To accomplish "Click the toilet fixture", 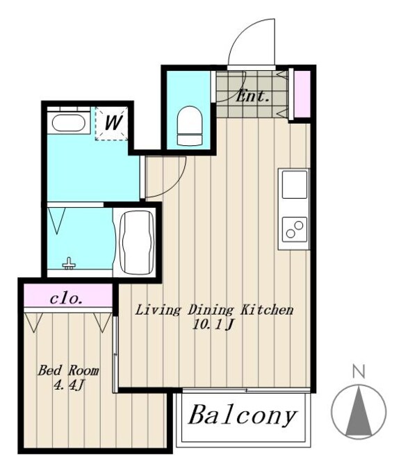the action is click(189, 126).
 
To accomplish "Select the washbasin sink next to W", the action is click(68, 122).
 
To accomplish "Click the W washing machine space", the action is click(112, 123).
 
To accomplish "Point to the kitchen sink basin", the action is click(295, 184).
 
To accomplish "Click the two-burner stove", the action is click(295, 229).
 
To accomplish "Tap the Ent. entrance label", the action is click(252, 97).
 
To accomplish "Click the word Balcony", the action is click(242, 415).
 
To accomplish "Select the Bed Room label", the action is click(69, 370).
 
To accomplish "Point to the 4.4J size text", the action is click(69, 385).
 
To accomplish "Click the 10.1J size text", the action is click(213, 324).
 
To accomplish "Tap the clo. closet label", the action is click(66, 299).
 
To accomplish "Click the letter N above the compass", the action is click(359, 371).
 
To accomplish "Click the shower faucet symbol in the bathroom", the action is click(69, 263).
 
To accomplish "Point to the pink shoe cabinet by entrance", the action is click(302, 94).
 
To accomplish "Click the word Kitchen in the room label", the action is click(267, 310).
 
